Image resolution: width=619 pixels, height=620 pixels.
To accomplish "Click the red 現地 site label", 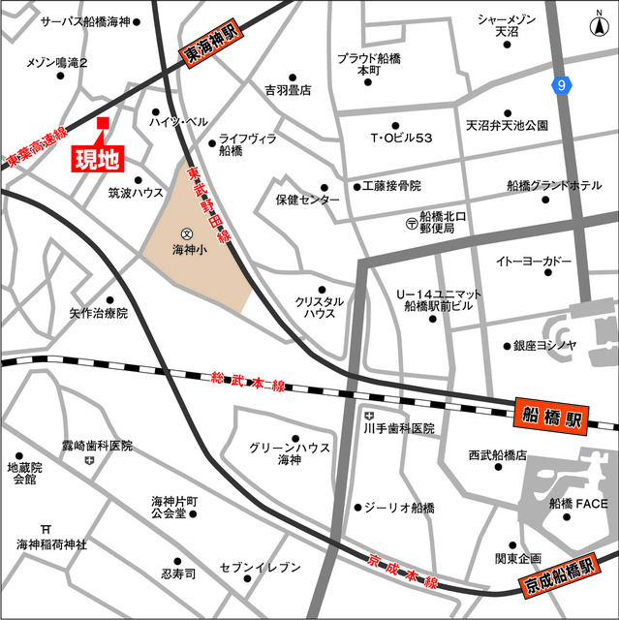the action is point(100,156).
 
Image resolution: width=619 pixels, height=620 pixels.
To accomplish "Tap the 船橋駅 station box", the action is point(550,418).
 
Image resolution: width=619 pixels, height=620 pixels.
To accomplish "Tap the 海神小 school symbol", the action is point(186,233).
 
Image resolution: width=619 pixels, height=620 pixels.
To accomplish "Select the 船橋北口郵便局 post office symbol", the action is point(412,223).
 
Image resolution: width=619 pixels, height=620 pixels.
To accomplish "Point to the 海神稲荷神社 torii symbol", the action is point(46,528).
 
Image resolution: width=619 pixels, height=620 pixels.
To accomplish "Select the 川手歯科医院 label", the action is point(399,428).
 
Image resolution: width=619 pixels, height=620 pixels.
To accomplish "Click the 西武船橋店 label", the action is point(497,454).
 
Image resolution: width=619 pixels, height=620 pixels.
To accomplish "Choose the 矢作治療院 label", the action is point(98,314).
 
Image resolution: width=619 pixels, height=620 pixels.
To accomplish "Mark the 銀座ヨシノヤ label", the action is point(545,345).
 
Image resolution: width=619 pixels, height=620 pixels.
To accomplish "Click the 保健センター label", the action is point(307,201).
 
